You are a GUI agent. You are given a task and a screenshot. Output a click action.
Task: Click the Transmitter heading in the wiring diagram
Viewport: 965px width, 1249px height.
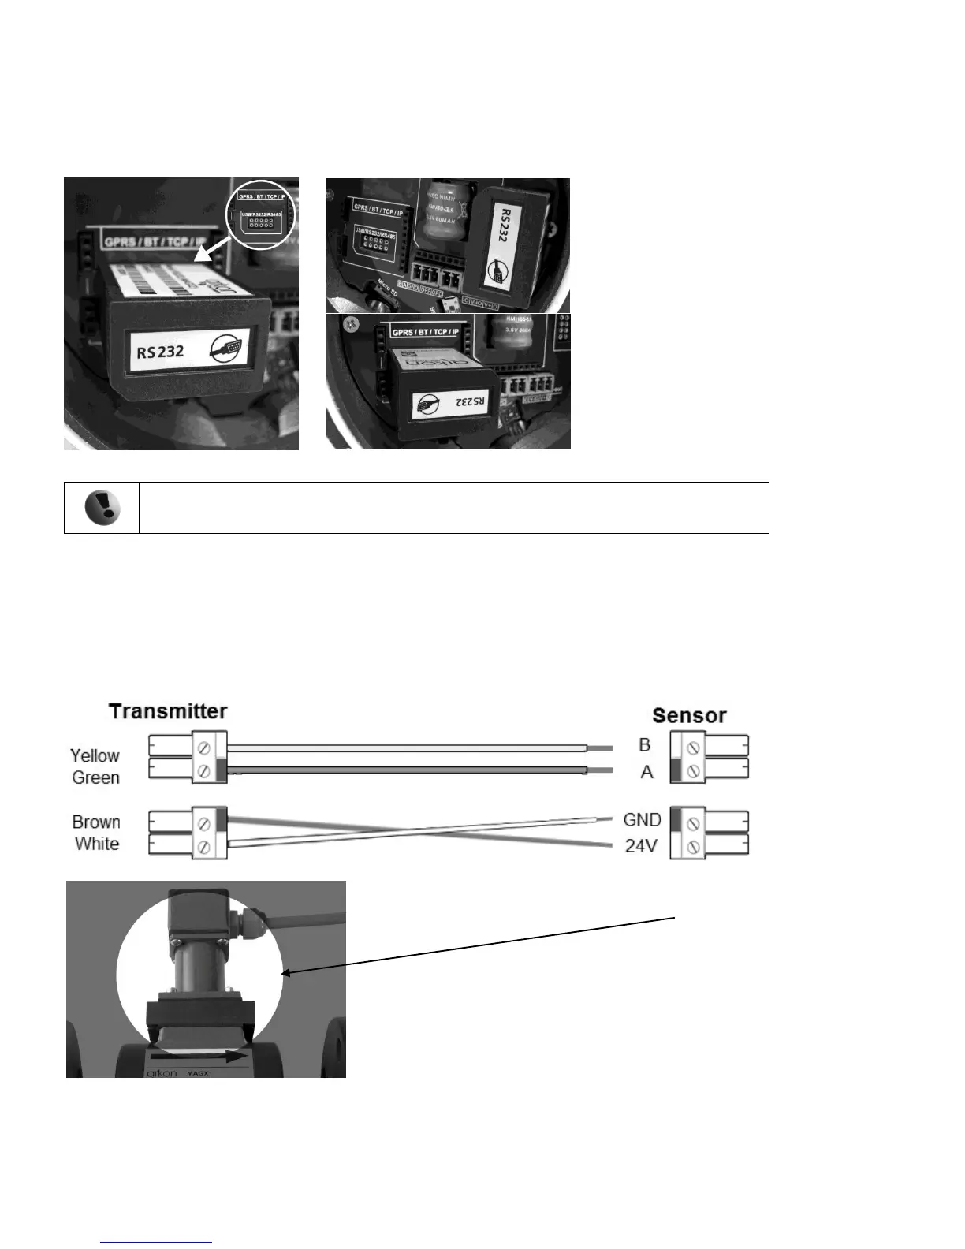168,711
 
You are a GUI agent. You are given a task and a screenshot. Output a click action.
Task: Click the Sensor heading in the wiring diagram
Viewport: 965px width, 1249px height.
689,716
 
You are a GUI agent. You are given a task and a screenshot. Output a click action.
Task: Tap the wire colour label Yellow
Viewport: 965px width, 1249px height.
95,755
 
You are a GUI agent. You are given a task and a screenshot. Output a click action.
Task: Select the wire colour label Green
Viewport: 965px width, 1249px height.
95,777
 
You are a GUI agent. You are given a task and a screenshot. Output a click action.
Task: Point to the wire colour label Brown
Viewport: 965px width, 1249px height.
95,822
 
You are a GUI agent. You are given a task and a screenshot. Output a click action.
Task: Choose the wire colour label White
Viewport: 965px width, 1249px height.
97,844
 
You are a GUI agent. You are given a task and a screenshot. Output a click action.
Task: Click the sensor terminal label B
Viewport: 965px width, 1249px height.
645,745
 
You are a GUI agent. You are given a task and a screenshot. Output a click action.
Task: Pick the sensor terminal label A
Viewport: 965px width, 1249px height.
646,772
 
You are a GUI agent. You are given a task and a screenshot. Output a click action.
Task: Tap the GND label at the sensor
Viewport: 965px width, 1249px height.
642,820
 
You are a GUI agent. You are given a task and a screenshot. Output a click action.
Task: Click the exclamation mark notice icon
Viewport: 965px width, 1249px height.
102,508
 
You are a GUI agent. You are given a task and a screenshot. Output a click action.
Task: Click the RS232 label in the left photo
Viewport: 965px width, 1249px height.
160,352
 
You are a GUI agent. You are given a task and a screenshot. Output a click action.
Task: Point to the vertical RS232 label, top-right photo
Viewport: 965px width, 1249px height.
501,223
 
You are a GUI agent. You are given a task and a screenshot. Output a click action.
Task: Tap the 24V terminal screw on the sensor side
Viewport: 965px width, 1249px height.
693,848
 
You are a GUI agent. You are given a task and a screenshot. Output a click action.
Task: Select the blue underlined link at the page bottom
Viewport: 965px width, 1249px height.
157,1242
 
